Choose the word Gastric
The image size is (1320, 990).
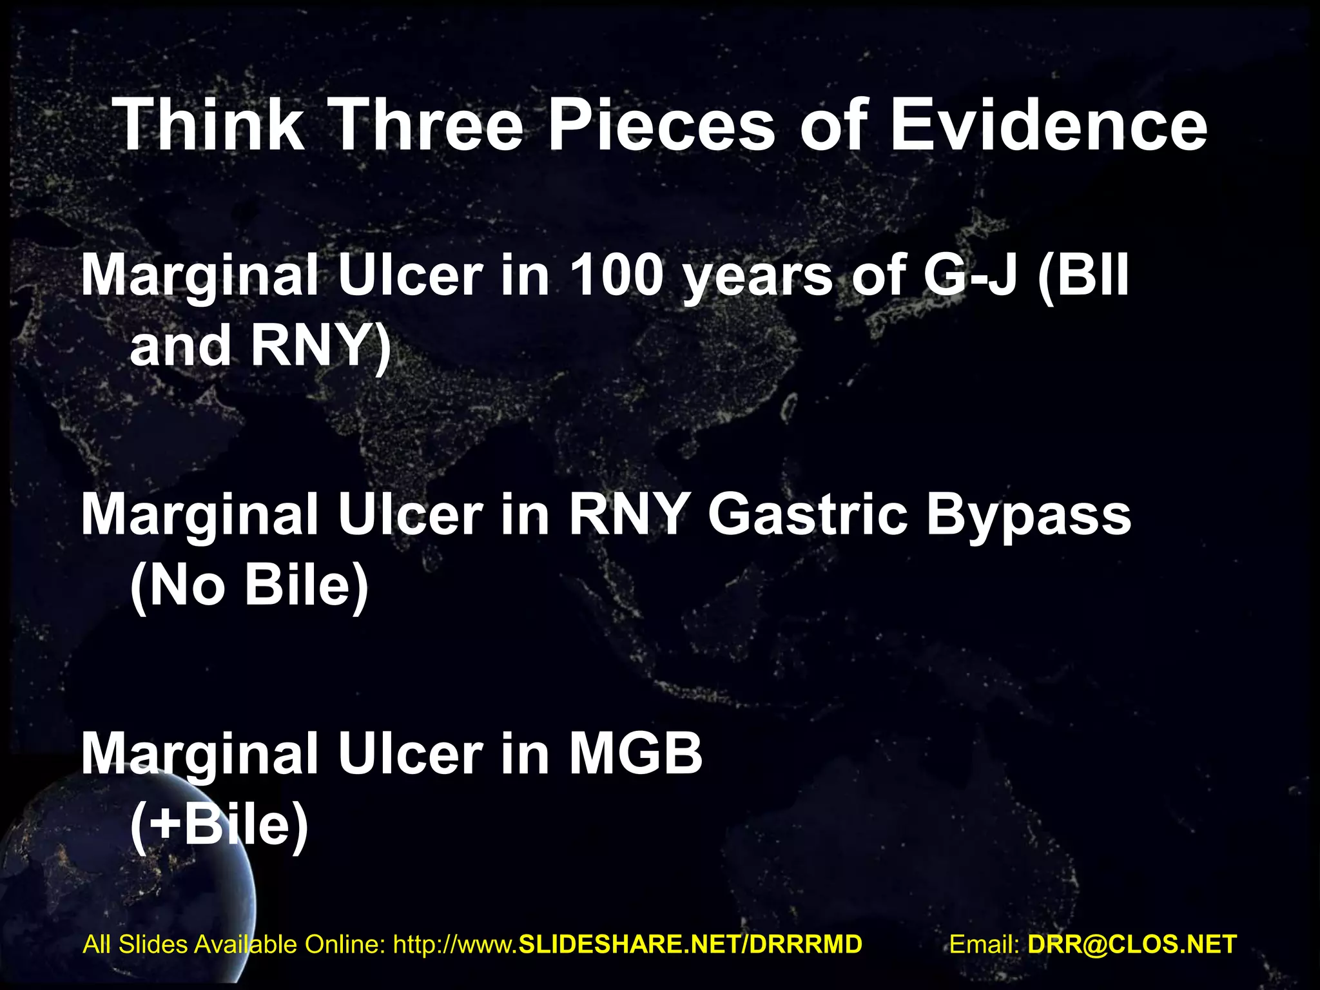(x=808, y=516)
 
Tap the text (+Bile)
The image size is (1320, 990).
(x=219, y=826)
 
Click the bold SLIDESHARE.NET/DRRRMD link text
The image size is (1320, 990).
(x=690, y=944)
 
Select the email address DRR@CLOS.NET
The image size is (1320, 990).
(x=1132, y=944)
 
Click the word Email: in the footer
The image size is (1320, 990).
(x=984, y=944)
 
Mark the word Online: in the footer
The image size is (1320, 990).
(x=345, y=944)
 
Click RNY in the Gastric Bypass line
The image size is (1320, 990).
(x=628, y=516)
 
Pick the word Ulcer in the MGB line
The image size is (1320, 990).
(x=410, y=754)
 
